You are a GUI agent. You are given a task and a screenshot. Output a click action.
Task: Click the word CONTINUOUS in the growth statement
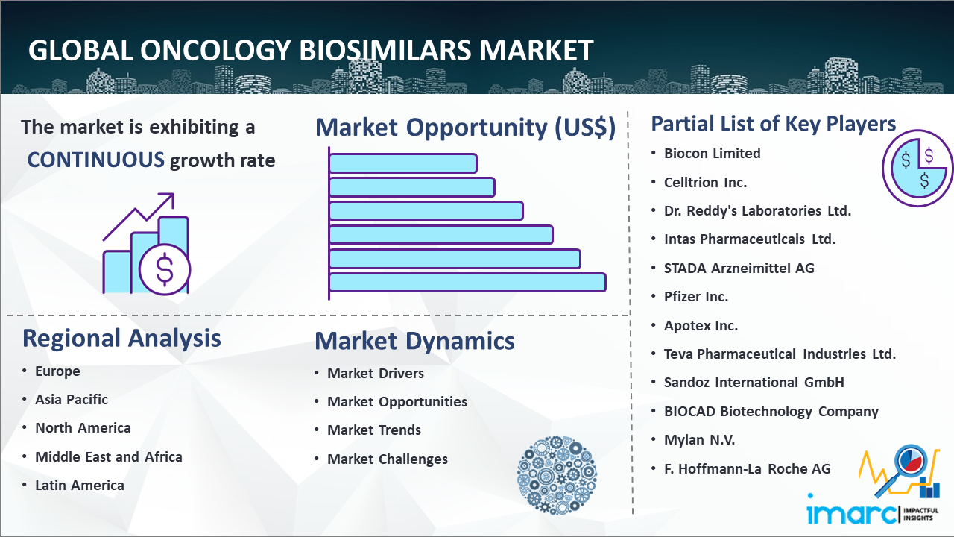click(x=96, y=160)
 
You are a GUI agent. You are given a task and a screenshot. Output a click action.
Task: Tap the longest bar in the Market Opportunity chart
click(x=467, y=283)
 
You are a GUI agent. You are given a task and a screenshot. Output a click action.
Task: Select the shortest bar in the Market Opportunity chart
click(x=403, y=163)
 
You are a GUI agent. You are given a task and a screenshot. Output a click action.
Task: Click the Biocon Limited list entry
click(x=712, y=154)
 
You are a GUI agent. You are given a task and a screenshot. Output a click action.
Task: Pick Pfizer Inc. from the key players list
click(x=696, y=297)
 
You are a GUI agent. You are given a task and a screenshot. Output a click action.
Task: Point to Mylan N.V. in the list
click(x=699, y=440)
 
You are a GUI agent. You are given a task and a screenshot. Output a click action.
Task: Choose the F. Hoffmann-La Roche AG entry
click(x=748, y=469)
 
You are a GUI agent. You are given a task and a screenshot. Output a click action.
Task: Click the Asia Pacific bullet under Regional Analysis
click(x=72, y=400)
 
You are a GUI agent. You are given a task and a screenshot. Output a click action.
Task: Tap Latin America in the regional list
click(x=80, y=486)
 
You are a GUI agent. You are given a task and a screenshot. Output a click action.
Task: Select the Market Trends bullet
click(x=374, y=430)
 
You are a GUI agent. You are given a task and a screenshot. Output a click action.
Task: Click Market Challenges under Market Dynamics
click(x=388, y=459)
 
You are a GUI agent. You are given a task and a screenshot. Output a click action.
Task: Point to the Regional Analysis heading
click(x=121, y=339)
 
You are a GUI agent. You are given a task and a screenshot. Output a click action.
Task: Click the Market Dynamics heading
click(x=414, y=341)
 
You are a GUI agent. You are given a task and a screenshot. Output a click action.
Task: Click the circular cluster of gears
click(x=557, y=474)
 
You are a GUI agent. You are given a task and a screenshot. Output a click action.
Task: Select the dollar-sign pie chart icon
click(x=917, y=169)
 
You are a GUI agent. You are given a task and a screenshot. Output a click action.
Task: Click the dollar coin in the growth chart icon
click(x=165, y=269)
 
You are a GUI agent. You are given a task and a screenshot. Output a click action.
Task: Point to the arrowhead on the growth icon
click(x=168, y=199)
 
